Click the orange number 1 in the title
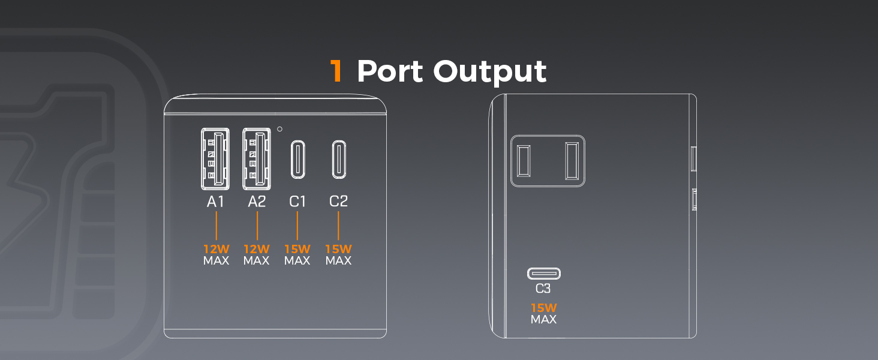pos(336,71)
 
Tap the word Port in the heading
pos(390,71)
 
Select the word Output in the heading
pos(490,71)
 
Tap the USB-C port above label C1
pos(297,159)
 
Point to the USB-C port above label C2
pos(339,159)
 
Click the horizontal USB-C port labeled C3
pos(543,274)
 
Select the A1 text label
pos(215,202)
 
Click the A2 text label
pos(257,202)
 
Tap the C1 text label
pos(297,202)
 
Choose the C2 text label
pos(339,202)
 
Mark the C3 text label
pos(543,289)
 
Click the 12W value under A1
pos(215,248)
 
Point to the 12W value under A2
pos(257,248)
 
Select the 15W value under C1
pos(297,248)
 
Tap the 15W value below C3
pos(543,308)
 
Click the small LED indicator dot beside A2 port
pos(280,128)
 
